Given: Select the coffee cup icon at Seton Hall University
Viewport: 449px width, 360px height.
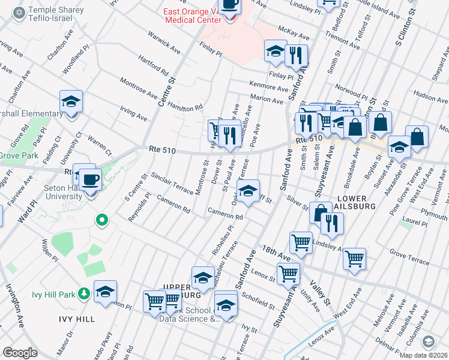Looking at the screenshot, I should click(x=91, y=179).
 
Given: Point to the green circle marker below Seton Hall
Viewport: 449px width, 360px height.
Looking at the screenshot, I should click(x=101, y=221).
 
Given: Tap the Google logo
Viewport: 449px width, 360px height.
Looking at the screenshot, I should click(x=20, y=353).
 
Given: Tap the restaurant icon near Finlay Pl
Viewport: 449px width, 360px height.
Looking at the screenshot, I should click(x=296, y=56).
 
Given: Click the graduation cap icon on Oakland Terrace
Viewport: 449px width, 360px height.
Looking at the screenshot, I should click(x=248, y=191).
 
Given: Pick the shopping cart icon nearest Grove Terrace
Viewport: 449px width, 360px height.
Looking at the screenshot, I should click(x=355, y=259).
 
